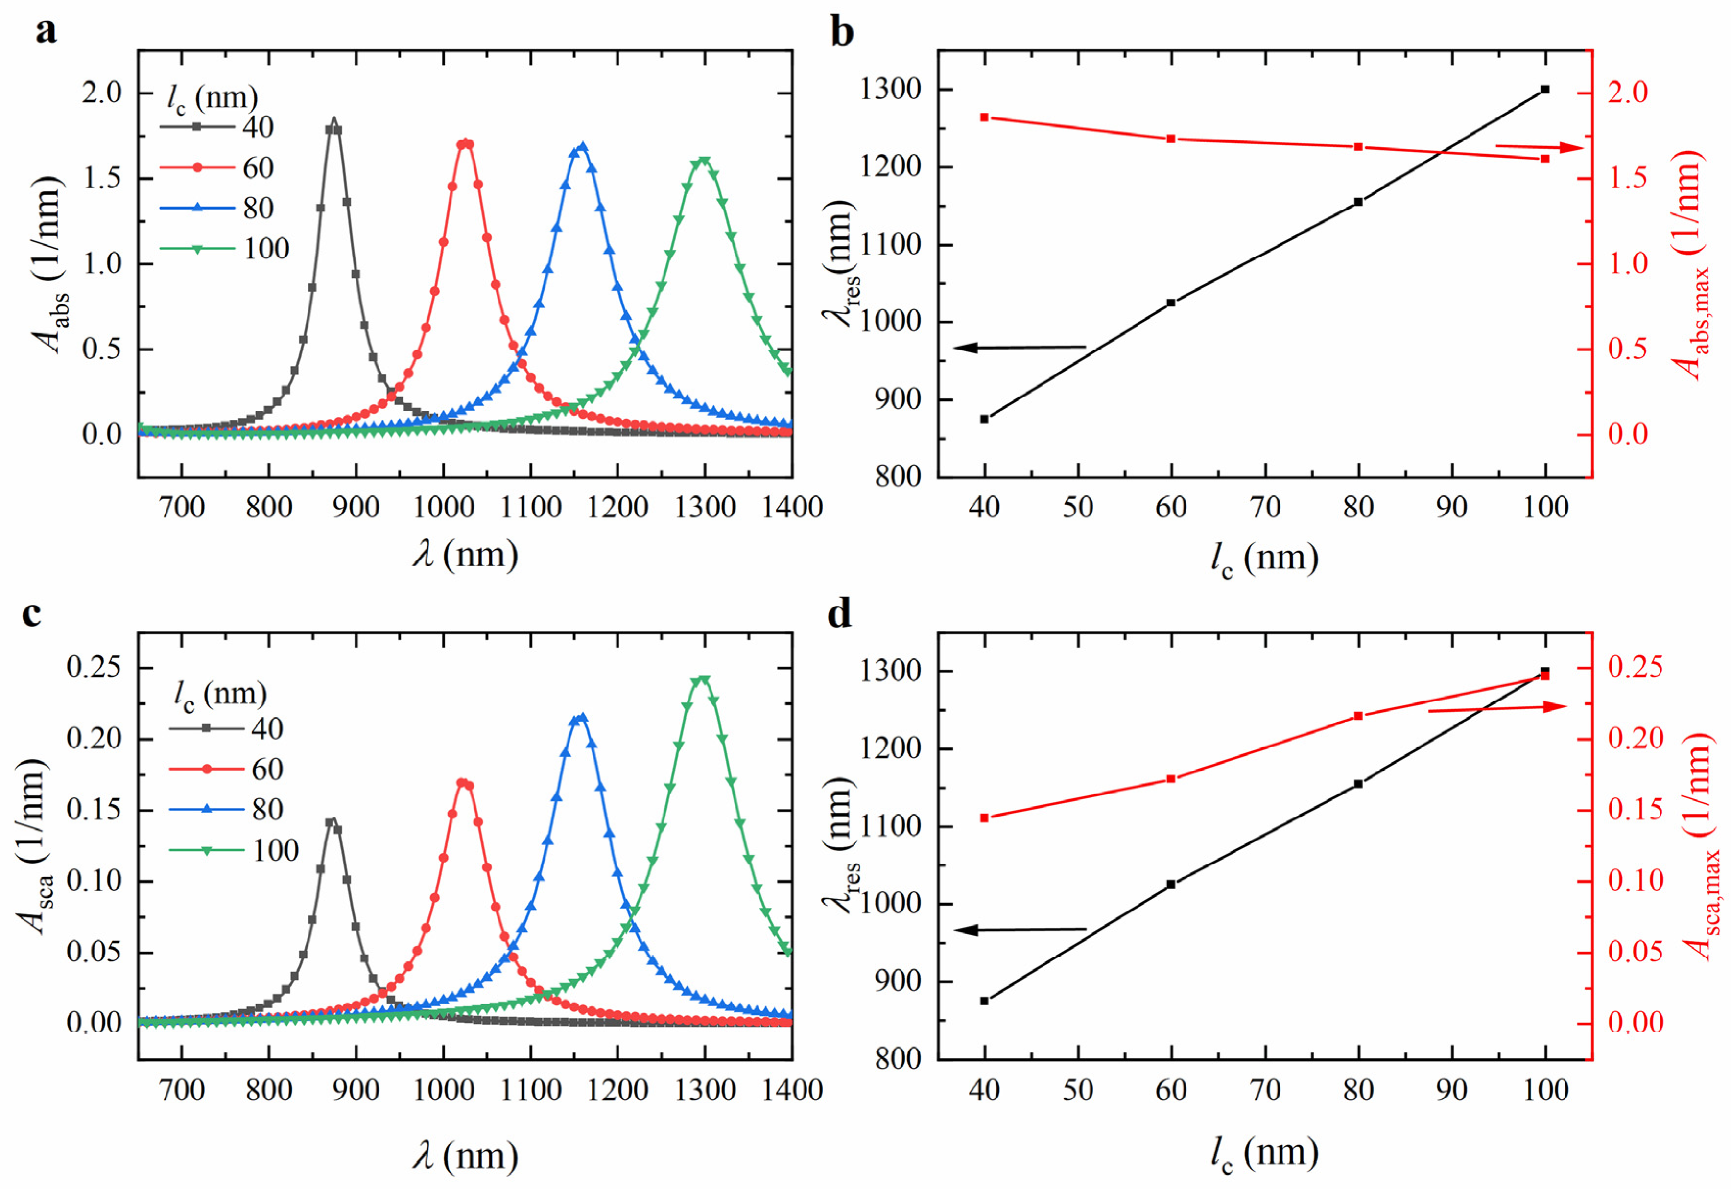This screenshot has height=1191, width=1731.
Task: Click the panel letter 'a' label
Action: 47,31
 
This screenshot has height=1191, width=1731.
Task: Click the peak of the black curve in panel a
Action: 333,121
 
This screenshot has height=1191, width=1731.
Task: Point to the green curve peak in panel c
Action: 702,679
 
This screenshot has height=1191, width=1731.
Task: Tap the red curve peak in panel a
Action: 466,142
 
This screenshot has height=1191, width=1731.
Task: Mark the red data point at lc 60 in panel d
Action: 1170,779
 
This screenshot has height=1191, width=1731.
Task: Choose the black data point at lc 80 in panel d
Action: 1358,784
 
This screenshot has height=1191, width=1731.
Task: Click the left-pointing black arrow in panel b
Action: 1019,347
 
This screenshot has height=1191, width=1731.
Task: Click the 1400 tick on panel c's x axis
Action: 791,1090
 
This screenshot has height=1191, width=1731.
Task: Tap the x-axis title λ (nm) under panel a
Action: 466,555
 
